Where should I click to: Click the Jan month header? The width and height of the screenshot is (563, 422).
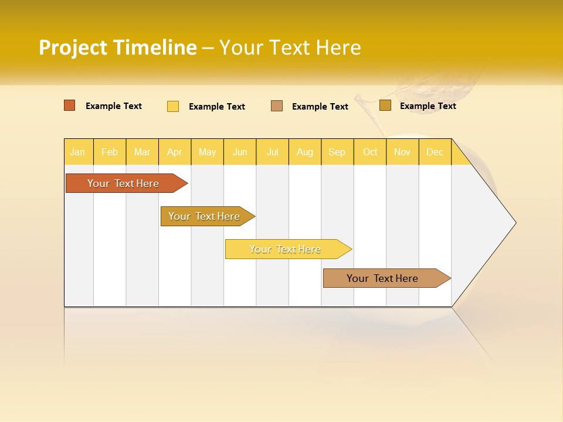pos(78,152)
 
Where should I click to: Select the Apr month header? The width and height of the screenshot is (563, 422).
pos(175,152)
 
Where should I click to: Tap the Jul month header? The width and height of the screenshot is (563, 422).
pos(272,152)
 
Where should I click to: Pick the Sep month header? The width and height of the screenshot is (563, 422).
pos(337,152)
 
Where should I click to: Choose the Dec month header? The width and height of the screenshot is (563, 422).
pos(435,152)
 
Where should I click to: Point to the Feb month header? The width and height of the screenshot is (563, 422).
pos(110,152)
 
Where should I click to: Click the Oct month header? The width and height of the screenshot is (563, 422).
pos(370,152)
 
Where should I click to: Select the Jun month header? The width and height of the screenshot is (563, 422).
pos(240,152)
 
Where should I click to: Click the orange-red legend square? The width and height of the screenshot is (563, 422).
pos(70,105)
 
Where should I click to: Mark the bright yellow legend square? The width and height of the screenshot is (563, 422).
pos(173,106)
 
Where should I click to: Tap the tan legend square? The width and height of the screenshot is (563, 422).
pos(277,105)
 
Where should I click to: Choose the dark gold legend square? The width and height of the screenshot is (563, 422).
pos(385,105)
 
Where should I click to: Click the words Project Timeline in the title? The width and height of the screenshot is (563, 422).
pos(118,47)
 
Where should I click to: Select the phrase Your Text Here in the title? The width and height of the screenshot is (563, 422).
pos(290,47)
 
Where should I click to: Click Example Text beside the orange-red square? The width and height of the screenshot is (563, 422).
pos(114,106)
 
